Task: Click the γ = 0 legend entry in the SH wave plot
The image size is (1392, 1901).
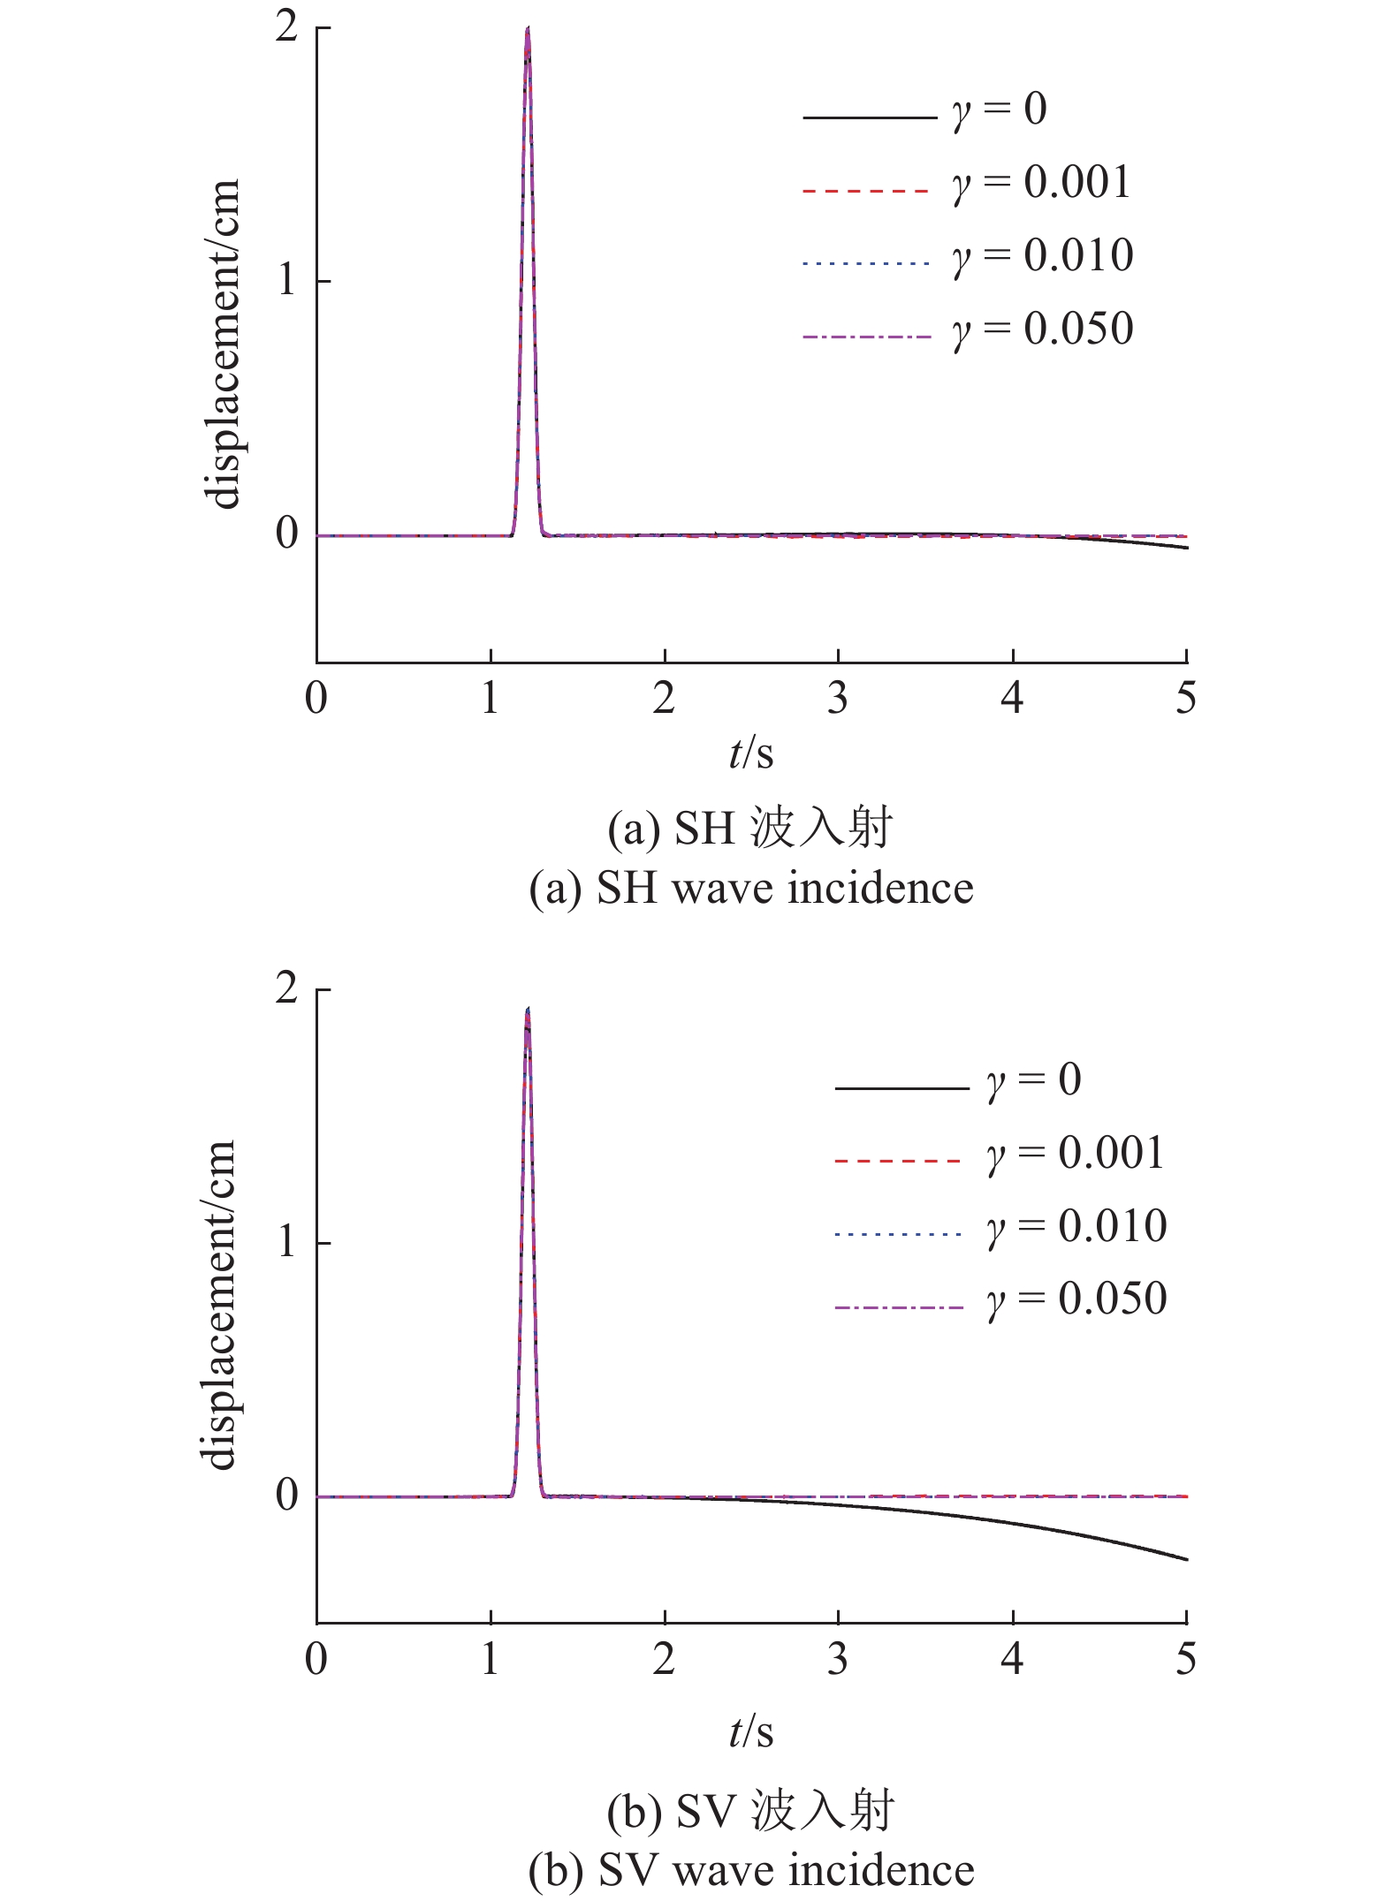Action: coord(999,110)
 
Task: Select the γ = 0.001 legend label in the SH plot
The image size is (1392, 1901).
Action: coord(1041,184)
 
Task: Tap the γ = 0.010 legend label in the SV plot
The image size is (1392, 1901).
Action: coord(1076,1227)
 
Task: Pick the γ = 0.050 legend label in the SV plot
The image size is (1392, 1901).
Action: coord(1076,1299)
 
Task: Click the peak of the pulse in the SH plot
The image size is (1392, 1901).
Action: coord(528,28)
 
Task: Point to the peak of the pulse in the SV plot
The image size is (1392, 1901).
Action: coord(528,1009)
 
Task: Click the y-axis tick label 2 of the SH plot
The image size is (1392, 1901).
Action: coord(286,27)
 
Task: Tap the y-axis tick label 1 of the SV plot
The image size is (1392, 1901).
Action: coord(286,1242)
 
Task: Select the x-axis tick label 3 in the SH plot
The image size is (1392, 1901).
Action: coord(838,699)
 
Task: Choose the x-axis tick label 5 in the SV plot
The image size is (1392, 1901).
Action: coord(1185,1659)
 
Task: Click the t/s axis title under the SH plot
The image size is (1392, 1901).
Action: coord(751,754)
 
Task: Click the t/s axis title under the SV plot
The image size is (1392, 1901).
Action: coord(751,1733)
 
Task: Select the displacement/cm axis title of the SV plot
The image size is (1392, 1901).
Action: coord(219,1306)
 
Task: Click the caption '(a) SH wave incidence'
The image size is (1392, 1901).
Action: coord(751,888)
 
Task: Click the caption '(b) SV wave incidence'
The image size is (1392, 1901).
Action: coord(751,1871)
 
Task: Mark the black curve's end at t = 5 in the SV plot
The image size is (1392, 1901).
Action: coord(1186,1559)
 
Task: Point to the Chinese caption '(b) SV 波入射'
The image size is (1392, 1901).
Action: coord(751,1811)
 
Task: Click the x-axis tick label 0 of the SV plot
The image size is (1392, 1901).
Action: coord(316,1659)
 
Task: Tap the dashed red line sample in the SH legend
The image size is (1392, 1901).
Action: coord(866,191)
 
